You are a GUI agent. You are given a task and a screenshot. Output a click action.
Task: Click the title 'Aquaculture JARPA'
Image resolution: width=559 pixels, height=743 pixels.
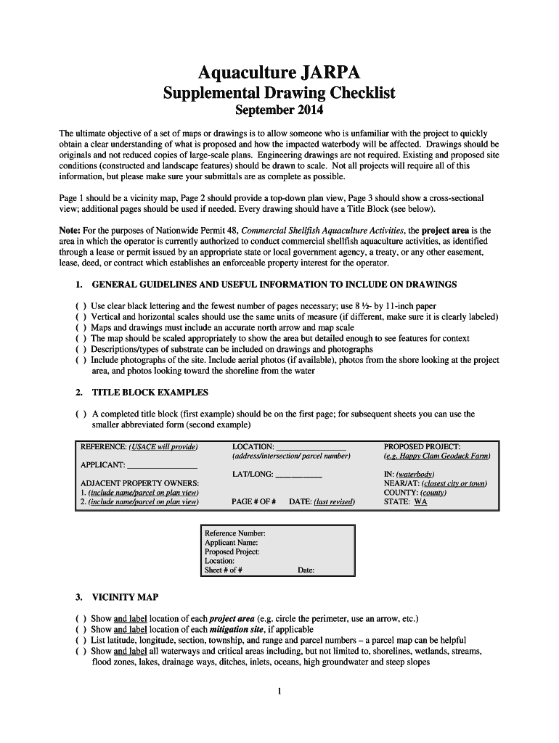[279, 73]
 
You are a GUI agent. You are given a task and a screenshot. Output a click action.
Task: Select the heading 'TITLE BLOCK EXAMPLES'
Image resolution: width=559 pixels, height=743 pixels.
[150, 393]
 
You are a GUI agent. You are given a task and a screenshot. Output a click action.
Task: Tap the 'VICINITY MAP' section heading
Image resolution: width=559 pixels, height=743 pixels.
[125, 597]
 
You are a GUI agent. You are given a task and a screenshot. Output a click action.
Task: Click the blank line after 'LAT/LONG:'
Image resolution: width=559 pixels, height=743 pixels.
[299, 475]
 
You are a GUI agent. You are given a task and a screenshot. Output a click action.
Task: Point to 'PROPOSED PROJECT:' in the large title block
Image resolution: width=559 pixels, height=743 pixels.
[422, 446]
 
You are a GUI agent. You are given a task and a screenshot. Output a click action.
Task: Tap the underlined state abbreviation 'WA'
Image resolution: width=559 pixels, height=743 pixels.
[420, 501]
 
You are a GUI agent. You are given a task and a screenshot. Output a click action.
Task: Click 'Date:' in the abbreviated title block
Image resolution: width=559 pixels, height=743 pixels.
[306, 570]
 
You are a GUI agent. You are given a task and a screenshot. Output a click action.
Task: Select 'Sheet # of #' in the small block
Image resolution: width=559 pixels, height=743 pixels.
[223, 570]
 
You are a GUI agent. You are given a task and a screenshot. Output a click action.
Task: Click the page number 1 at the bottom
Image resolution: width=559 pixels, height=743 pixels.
[279, 691]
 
